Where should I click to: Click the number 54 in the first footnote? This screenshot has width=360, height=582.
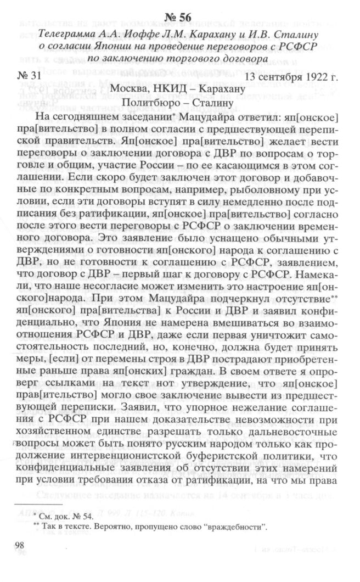(x=86, y=517)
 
